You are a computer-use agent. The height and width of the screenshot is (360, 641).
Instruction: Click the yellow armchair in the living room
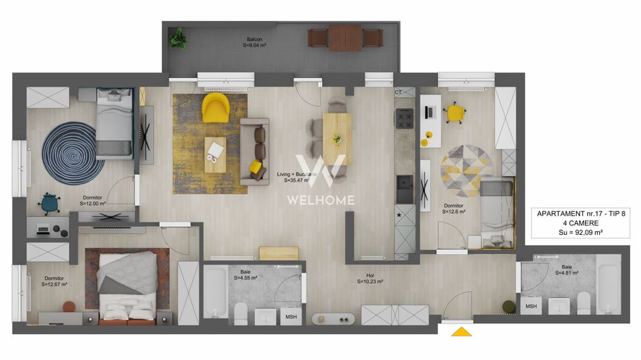[x=215, y=107]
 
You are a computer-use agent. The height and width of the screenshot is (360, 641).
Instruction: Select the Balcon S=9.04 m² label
[x=254, y=42]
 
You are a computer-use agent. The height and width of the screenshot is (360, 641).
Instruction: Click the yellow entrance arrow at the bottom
[x=463, y=332]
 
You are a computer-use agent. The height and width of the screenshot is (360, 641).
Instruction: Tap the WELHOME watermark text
[x=320, y=200]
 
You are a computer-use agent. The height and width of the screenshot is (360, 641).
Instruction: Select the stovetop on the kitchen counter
[x=405, y=119]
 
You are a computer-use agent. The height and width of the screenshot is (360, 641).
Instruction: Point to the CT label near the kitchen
[x=398, y=92]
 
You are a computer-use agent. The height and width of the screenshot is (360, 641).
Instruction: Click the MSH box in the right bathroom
[x=531, y=308]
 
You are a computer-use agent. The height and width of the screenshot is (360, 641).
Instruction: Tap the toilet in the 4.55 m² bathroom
[x=241, y=314]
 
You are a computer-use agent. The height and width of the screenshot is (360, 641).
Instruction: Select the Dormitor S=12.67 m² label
[x=55, y=281]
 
